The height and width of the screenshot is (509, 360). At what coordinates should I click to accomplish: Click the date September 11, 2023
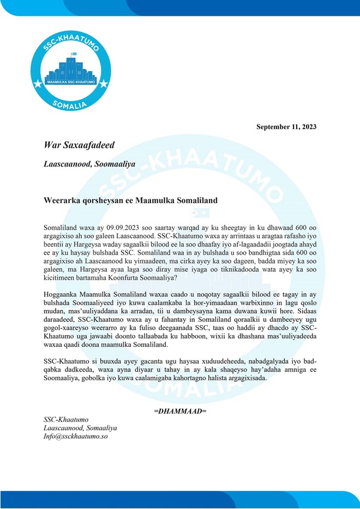pos(286,127)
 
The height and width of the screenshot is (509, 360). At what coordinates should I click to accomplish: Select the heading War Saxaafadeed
pos(79,145)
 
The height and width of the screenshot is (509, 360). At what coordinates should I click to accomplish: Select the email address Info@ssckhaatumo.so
pos(76,437)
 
